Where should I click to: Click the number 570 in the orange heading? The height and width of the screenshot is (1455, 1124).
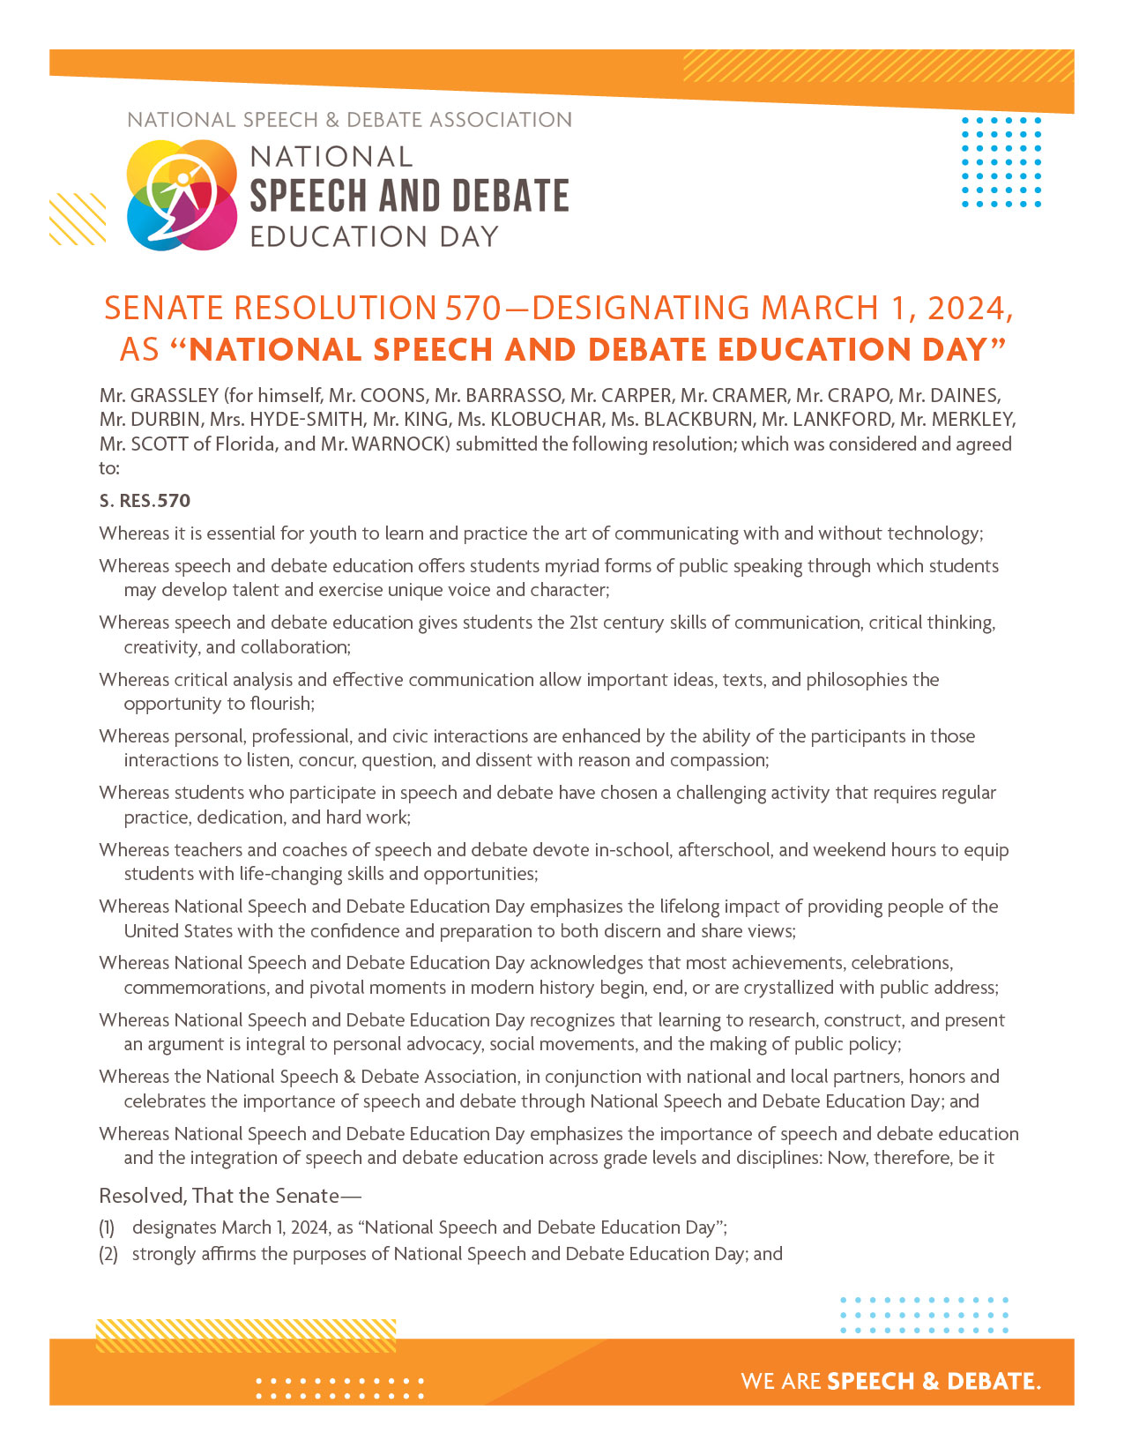tap(473, 309)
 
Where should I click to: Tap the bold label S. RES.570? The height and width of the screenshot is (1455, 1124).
tap(145, 501)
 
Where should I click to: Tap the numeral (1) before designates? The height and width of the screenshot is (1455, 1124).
tap(107, 1227)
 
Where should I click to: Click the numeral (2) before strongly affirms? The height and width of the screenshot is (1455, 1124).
tap(108, 1254)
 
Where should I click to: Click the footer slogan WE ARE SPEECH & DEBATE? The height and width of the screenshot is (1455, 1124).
tap(890, 1381)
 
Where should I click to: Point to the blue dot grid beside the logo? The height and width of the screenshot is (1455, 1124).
tap(1001, 161)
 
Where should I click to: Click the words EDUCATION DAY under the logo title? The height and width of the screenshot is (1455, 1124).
tap(375, 237)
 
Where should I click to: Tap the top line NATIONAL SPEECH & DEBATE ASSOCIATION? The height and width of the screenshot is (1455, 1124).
tap(349, 120)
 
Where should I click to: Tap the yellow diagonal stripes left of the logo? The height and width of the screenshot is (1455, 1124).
tap(78, 219)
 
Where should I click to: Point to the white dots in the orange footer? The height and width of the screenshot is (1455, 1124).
tap(340, 1388)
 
